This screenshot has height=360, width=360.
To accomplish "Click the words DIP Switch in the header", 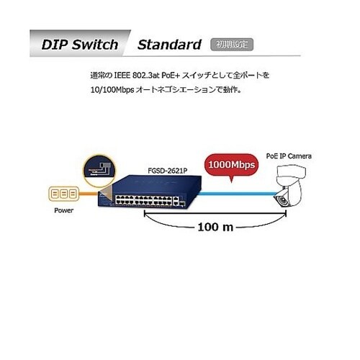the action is point(80,45).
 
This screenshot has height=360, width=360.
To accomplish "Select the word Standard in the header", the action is point(169,45).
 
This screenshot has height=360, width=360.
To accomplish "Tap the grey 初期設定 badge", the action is point(232,45).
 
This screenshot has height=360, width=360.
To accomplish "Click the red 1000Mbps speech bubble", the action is point(232,165).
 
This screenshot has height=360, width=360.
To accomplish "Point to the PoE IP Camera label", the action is point(289,156).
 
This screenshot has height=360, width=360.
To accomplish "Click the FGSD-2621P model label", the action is point(167,171).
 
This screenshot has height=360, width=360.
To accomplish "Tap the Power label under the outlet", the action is point(63,210).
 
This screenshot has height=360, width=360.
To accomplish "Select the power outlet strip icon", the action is point(63,194).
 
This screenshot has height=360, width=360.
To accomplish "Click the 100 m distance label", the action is point(215,227).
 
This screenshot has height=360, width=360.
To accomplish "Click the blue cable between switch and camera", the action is point(236,194).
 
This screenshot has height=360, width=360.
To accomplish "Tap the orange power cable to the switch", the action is point(89,194).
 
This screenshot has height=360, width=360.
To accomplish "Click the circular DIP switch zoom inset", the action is point(99,171).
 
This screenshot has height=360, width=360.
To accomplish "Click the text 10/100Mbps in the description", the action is point(112,90).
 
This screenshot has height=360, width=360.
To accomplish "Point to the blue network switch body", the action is point(150,192).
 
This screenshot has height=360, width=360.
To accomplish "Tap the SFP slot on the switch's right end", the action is point(183,204).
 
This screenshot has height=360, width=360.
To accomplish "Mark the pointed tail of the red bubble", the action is point(231,182).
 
